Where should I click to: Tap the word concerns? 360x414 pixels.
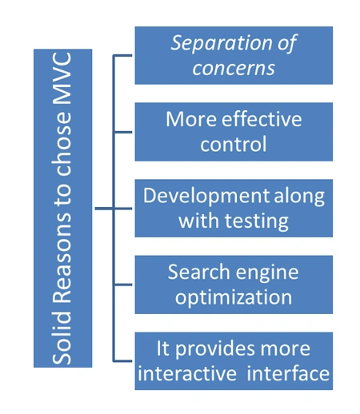point(234,69)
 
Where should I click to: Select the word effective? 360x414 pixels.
point(262,119)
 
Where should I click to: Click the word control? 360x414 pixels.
point(234,144)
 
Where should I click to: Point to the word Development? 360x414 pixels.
point(206,197)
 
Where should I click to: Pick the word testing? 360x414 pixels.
point(257,221)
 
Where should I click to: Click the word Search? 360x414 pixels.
point(199,272)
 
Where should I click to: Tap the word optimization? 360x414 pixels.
point(234,297)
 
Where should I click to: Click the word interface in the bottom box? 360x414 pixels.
point(288,373)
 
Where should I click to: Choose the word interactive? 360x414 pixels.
point(187,373)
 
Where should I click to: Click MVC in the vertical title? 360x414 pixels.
point(62,78)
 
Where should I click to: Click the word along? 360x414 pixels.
point(299,197)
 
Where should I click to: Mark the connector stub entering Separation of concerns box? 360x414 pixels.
point(122,55)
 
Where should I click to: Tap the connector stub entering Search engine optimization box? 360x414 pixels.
point(122,285)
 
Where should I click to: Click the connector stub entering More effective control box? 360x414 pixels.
point(122,132)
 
